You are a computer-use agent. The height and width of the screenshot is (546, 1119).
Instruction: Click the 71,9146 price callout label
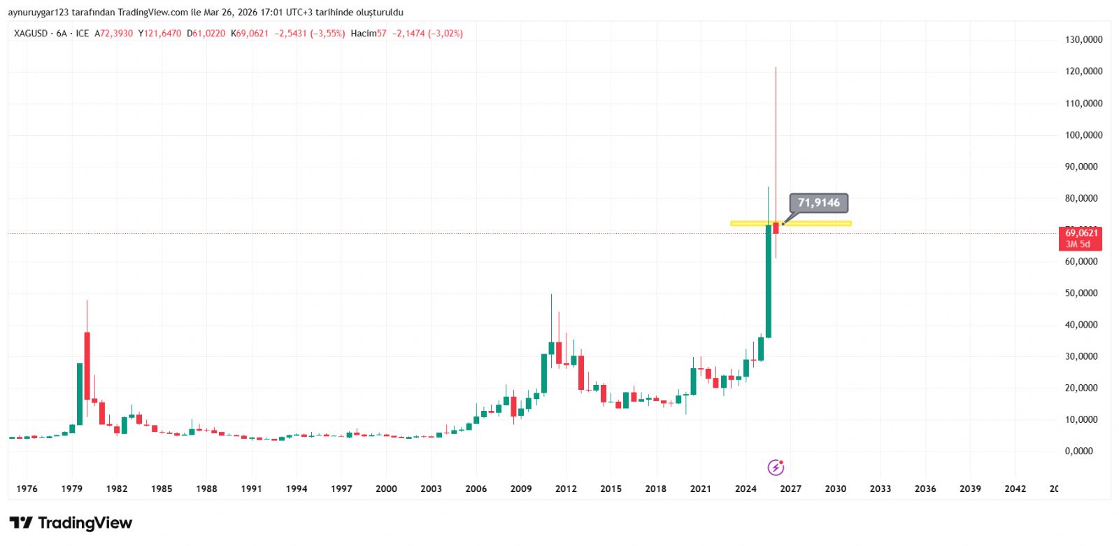(x=818, y=203)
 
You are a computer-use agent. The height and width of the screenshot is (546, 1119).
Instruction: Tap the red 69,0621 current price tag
(x=1081, y=238)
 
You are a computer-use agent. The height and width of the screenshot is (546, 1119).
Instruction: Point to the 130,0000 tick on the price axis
(x=1083, y=40)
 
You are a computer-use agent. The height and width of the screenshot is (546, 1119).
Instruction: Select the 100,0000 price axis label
(x=1083, y=135)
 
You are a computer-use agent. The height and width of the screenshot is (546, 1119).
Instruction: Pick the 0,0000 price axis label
(x=1078, y=451)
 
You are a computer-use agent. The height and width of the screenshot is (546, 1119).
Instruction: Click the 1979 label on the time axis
(x=71, y=489)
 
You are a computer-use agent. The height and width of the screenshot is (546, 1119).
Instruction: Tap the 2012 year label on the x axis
(x=566, y=489)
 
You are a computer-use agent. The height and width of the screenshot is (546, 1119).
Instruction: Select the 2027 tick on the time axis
(x=790, y=489)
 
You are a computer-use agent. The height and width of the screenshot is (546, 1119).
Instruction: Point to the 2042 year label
(x=1015, y=489)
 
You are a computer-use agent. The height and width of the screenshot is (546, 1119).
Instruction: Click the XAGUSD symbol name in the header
(x=31, y=34)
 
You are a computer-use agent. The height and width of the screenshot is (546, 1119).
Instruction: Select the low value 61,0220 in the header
(x=208, y=34)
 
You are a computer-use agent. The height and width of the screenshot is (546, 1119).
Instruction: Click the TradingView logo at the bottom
(x=71, y=523)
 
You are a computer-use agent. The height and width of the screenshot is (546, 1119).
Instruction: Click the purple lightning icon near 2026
(x=776, y=467)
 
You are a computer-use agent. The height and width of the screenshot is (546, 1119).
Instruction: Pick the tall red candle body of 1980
(x=87, y=365)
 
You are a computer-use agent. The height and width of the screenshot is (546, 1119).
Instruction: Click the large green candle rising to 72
(x=768, y=280)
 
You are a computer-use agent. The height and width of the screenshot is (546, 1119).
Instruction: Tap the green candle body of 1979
(x=80, y=393)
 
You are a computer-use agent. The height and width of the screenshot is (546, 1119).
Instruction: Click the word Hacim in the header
(x=363, y=34)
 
